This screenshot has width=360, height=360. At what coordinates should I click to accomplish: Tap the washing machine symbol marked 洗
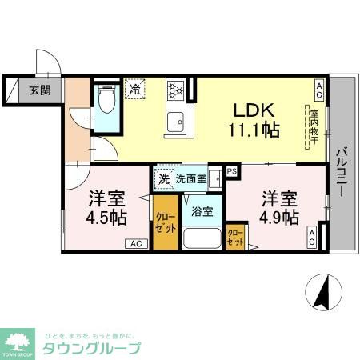[164, 179]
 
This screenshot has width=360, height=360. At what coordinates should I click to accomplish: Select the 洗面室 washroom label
[192, 179]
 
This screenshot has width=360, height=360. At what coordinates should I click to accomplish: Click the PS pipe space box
[232, 170]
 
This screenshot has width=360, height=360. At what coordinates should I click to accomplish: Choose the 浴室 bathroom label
[201, 212]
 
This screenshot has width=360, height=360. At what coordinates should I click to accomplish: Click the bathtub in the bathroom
[202, 238]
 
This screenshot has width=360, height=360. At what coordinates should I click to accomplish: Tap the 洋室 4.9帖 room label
[278, 206]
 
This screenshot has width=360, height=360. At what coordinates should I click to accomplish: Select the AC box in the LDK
[318, 86]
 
